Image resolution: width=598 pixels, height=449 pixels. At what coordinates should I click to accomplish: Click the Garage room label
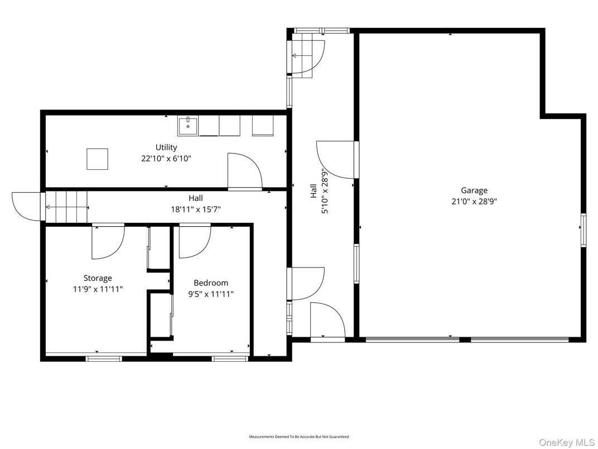point(474,190)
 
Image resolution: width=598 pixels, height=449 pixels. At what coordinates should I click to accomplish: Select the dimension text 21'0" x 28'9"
point(474,201)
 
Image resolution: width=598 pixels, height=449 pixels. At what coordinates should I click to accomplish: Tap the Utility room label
point(166,147)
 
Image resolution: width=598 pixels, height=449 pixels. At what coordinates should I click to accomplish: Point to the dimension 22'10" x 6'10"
point(166,158)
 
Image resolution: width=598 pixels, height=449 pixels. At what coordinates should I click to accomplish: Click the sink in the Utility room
point(188,126)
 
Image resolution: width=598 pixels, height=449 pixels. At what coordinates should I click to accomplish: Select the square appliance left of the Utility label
point(97,159)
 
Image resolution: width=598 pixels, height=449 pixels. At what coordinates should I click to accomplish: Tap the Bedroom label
point(210,283)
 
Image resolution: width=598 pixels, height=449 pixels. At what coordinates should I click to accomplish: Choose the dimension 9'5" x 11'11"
point(210,294)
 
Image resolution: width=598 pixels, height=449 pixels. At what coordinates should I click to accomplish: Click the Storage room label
point(98,278)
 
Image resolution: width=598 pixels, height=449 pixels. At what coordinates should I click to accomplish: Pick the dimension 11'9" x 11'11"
point(98,289)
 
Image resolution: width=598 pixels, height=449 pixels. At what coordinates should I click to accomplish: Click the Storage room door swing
point(108,241)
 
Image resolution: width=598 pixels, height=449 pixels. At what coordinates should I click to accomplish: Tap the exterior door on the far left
point(26,206)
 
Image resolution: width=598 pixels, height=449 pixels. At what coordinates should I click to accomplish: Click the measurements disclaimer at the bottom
point(298,436)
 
